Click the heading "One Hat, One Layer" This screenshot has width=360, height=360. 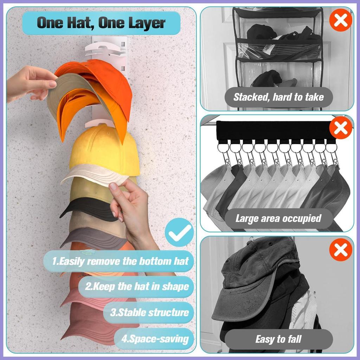[x=101, y=23]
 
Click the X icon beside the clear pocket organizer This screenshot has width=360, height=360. [x=341, y=20]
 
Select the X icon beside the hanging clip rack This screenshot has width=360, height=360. [x=341, y=128]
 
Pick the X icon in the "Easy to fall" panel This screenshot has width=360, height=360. [x=341, y=250]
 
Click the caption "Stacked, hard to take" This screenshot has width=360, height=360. [x=278, y=97]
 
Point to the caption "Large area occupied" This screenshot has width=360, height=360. [x=278, y=218]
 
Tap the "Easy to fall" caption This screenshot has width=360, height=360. [x=278, y=339]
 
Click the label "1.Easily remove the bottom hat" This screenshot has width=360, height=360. [x=120, y=261]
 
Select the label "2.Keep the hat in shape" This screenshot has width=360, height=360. [x=137, y=287]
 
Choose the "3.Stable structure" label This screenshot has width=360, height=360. [x=149, y=313]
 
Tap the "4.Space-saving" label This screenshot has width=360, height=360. [x=155, y=339]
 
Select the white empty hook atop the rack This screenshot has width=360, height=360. [x=105, y=49]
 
